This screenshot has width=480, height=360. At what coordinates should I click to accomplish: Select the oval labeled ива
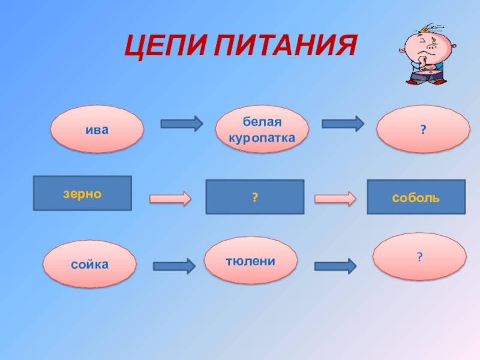(97, 128)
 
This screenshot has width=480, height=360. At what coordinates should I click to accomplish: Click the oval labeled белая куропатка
(262, 130)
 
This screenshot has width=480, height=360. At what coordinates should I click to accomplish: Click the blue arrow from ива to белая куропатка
(181, 124)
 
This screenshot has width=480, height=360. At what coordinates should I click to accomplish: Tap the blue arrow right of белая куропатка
(343, 124)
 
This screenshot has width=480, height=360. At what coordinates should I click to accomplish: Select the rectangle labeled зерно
(82, 193)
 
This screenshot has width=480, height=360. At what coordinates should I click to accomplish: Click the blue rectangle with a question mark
(254, 197)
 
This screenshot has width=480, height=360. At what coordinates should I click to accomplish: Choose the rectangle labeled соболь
(416, 197)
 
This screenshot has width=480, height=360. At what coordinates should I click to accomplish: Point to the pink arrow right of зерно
(170, 198)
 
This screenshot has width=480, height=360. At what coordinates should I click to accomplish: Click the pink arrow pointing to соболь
(335, 198)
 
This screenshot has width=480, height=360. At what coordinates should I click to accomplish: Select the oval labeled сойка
(89, 263)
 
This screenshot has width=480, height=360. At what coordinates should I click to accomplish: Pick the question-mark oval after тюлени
(419, 257)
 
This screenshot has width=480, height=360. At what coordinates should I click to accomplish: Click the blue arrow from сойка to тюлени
(174, 266)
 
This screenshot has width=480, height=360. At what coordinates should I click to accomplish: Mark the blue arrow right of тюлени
(335, 266)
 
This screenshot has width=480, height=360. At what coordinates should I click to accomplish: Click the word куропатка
(262, 137)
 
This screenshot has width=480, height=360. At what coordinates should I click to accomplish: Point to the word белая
(262, 123)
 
